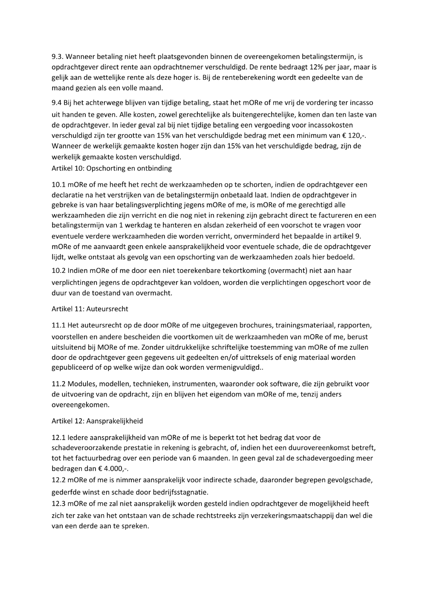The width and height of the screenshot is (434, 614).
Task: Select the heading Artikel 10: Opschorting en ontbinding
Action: tap(112, 168)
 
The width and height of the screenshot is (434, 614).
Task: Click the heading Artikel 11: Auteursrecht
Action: tap(90, 309)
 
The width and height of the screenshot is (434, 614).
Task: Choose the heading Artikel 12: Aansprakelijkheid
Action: tap(97, 421)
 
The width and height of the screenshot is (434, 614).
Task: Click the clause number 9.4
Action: tap(57, 103)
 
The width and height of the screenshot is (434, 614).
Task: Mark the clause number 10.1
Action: tap(58, 185)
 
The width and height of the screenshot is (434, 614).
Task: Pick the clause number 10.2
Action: tap(58, 270)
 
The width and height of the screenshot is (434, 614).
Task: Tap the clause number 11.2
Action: tap(58, 384)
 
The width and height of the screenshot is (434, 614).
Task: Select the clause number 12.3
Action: tap(58, 504)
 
